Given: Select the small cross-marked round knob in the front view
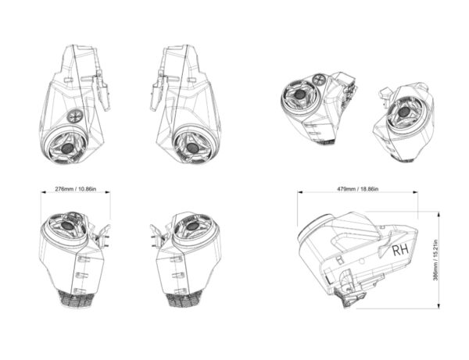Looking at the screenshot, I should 74,116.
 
